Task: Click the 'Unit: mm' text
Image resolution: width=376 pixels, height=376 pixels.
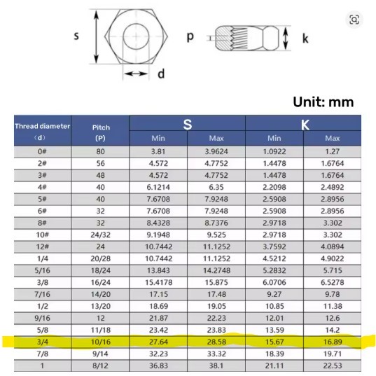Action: click(323, 102)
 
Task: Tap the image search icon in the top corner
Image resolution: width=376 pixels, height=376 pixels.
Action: click(354, 20)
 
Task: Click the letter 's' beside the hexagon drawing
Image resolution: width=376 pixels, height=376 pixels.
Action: click(76, 36)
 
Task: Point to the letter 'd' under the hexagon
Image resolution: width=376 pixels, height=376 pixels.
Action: click(160, 74)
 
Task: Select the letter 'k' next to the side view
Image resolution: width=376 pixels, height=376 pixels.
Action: click(305, 39)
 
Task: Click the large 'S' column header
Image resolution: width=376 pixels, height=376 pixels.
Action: click(187, 125)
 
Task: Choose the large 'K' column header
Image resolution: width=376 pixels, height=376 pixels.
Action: click(305, 125)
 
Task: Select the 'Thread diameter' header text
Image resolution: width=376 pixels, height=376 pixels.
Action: click(43, 126)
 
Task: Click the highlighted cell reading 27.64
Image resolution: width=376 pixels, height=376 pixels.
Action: click(158, 342)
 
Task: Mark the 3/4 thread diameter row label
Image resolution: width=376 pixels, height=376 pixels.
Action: click(42, 342)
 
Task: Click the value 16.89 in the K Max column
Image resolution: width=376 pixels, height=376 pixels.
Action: click(333, 342)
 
